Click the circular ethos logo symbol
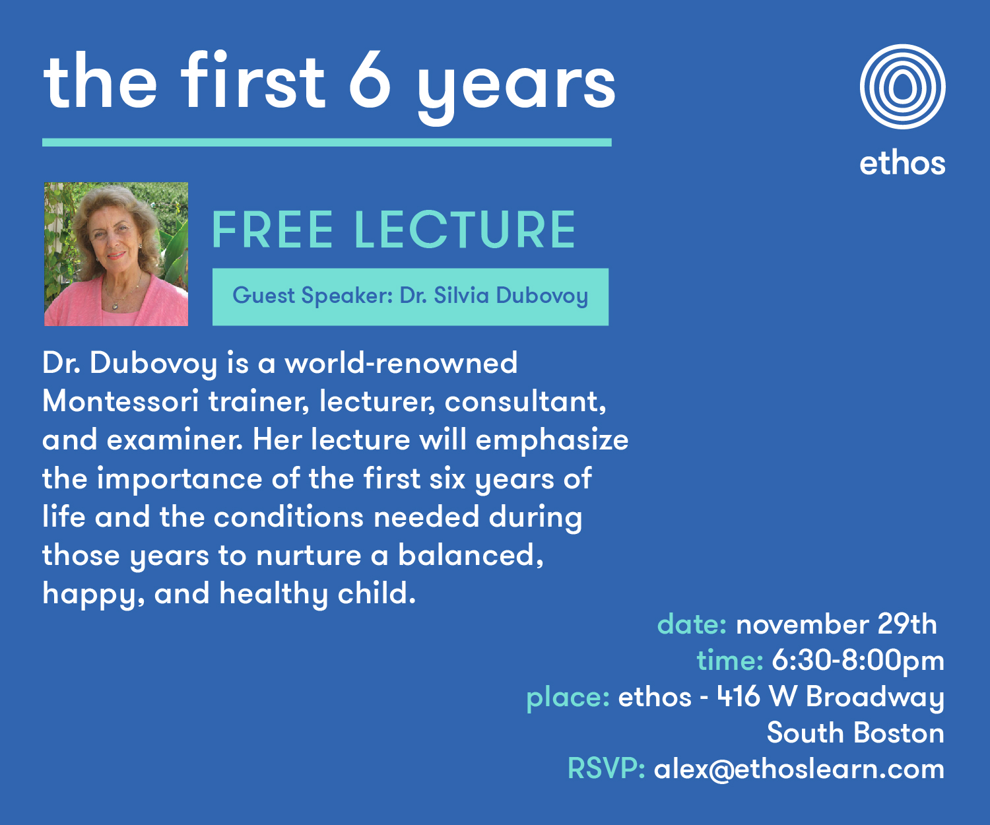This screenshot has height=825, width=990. [902, 86]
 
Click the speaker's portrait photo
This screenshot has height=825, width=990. [116, 254]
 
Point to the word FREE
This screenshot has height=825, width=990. [272, 230]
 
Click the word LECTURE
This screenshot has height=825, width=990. [465, 230]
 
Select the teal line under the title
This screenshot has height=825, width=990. [327, 143]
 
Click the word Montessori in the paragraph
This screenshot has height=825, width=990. [120, 401]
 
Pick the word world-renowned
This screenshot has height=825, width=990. [401, 363]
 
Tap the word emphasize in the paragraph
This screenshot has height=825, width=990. [552, 441]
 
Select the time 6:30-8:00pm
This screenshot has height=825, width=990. [858, 661]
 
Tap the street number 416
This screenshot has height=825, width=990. [739, 696]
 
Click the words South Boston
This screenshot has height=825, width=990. [855, 733]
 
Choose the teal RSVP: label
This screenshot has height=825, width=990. [606, 769]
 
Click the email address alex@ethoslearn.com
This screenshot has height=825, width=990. [799, 770]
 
